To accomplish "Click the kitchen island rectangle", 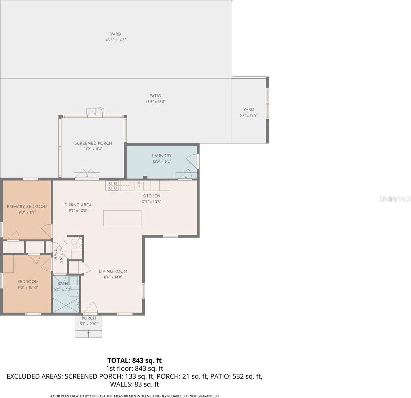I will coord(123,218).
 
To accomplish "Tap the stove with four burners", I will coord(113,186).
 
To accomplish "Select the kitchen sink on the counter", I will coord(139,186).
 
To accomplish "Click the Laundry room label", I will coord(162,156).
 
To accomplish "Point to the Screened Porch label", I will coord(93,143).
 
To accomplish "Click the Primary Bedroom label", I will coord(27,206).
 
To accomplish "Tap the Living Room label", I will coord(113,271).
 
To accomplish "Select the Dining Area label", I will coord(78,205).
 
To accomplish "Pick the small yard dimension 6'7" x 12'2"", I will coord(248,115).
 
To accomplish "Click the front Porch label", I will coord(89,318).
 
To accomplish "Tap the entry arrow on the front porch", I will coord(88,333).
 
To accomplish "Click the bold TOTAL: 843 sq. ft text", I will coord(134,360).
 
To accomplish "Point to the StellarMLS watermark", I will coord(395,199).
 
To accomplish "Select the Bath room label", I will coord(63,284).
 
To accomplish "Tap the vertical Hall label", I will coord(56,254).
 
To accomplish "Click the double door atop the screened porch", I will coord(95,111).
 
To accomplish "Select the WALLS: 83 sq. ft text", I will coord(134,384).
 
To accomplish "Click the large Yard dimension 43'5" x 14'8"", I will coord(116,40).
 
